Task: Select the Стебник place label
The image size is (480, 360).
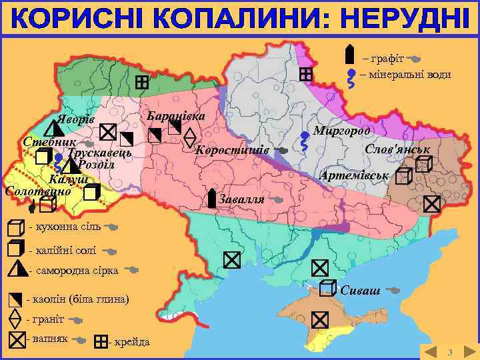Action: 43,143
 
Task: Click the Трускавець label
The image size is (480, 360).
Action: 99,153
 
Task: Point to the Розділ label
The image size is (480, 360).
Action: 96,165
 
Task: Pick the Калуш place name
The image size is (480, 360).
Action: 67,179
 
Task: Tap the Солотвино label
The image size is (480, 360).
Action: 37,191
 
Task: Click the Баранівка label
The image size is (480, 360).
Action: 176,115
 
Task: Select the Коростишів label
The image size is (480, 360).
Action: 231,149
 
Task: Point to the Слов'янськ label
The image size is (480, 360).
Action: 397,149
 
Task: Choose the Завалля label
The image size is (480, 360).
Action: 241,199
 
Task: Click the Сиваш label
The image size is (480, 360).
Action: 360,290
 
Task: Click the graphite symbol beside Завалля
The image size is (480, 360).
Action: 211,198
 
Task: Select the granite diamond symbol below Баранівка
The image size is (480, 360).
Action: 189,137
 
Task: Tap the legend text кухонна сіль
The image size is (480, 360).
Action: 65,227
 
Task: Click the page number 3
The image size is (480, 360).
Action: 449,351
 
